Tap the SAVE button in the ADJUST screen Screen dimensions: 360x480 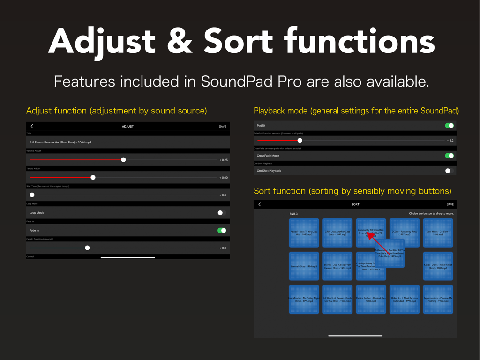222,127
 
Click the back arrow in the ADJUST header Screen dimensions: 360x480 32,127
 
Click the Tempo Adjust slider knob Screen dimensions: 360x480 93,177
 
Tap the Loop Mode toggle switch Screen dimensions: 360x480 221,213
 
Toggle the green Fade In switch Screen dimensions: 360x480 222,230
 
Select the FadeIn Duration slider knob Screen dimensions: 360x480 87,247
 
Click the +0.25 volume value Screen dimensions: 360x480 224,160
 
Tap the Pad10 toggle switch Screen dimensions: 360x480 449,126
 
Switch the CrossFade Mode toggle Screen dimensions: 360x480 449,156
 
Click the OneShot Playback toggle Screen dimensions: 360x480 449,171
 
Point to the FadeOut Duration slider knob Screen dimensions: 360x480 300,140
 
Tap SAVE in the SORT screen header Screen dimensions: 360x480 450,204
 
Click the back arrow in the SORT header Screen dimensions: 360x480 260,204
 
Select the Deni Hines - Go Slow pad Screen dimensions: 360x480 438,232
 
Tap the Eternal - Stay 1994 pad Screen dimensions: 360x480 304,266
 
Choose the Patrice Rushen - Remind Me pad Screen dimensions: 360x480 371,299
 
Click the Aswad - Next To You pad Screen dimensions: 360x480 304,232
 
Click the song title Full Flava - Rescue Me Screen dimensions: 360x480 60,142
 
